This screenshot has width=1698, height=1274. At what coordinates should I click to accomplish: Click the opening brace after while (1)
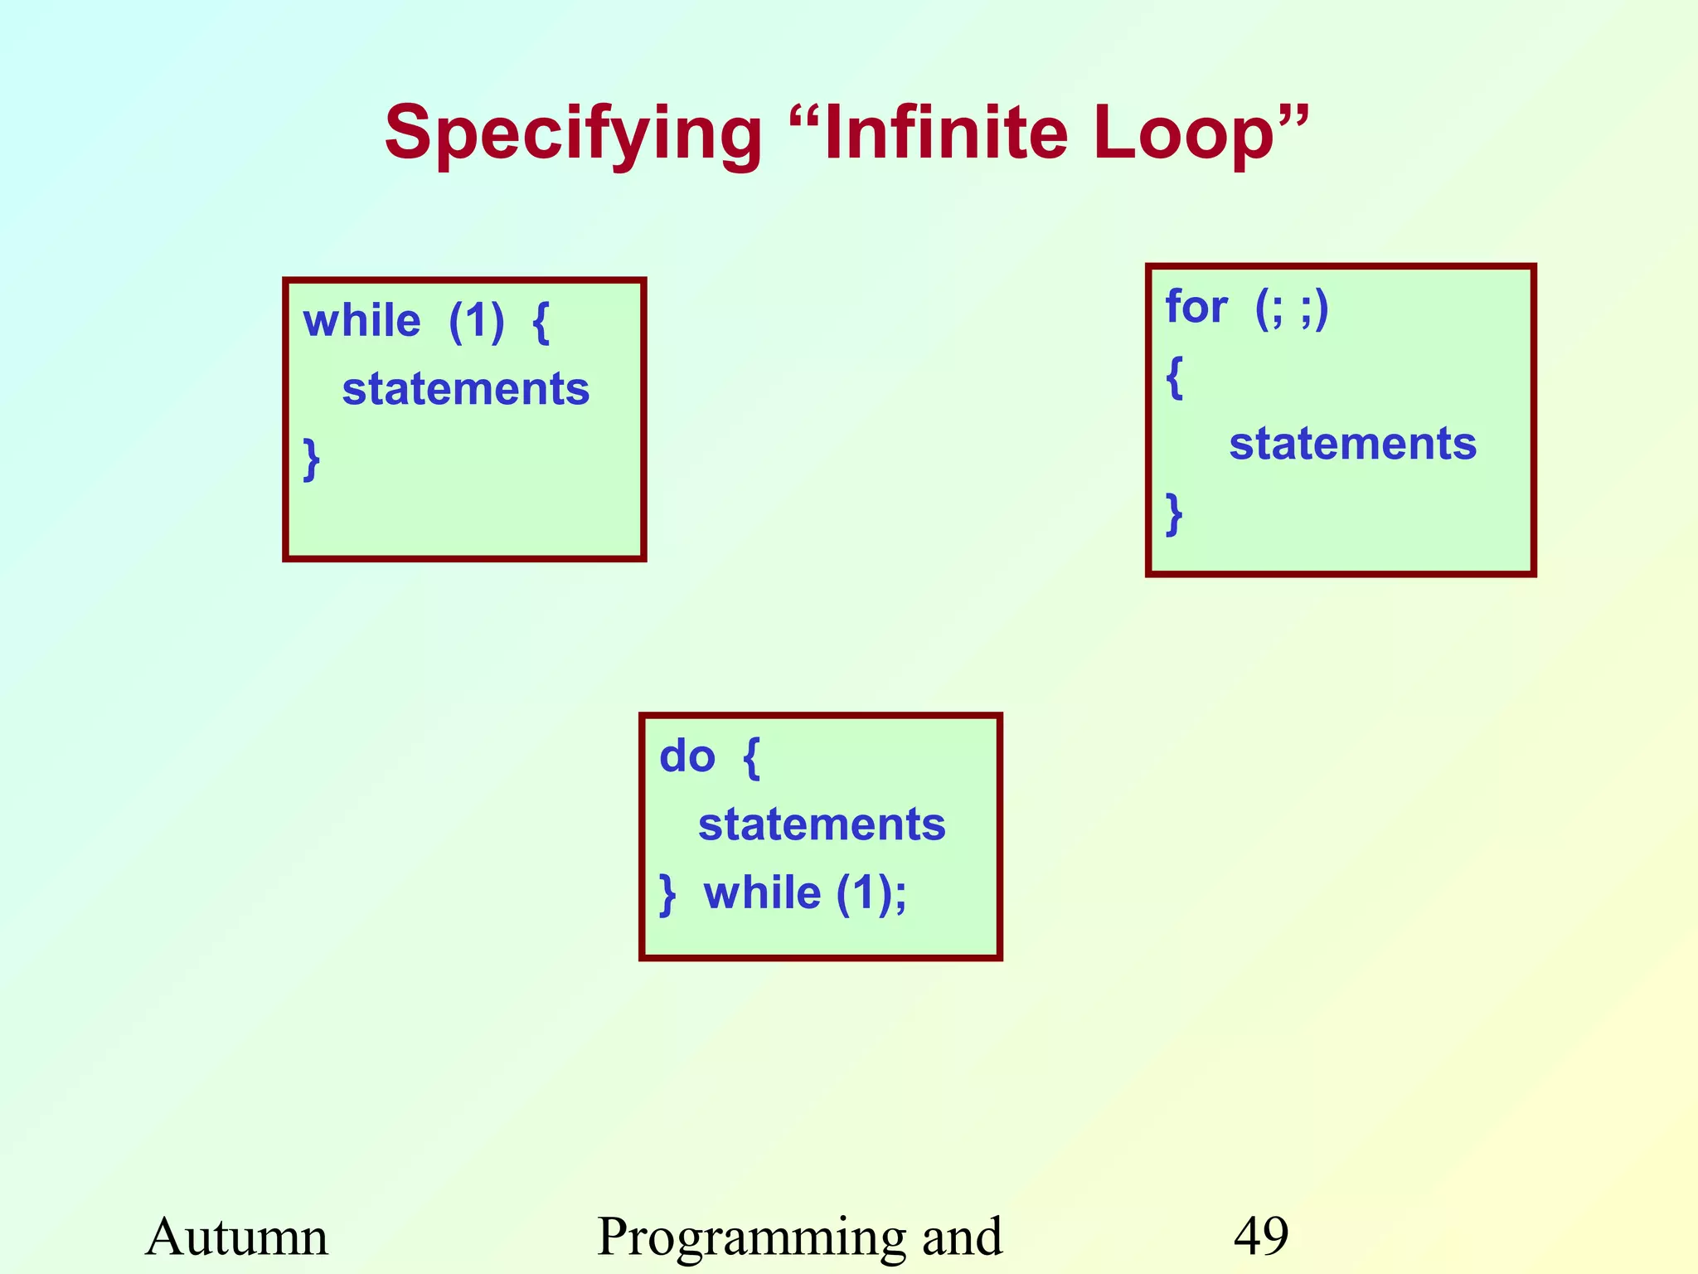(x=541, y=322)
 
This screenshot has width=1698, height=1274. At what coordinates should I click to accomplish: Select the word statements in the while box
(x=466, y=389)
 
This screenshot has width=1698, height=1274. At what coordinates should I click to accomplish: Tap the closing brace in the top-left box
(x=312, y=459)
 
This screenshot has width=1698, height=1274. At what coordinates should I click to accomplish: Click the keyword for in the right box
(x=1196, y=307)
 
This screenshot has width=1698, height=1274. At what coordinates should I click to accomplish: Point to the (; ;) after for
(x=1292, y=308)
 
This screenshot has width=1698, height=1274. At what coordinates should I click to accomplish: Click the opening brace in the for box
(x=1174, y=377)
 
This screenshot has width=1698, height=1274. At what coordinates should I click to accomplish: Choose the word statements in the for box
(x=1352, y=444)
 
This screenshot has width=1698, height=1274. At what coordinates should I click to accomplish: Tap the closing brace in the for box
(x=1174, y=513)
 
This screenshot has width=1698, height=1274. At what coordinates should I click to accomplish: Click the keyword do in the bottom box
(x=687, y=756)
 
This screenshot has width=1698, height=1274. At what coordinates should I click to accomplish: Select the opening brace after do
(x=751, y=757)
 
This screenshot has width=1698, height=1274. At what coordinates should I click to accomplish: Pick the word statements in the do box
(x=822, y=824)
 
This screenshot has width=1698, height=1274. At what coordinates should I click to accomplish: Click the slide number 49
(x=1261, y=1236)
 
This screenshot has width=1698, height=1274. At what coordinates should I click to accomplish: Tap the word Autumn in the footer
(x=237, y=1236)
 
